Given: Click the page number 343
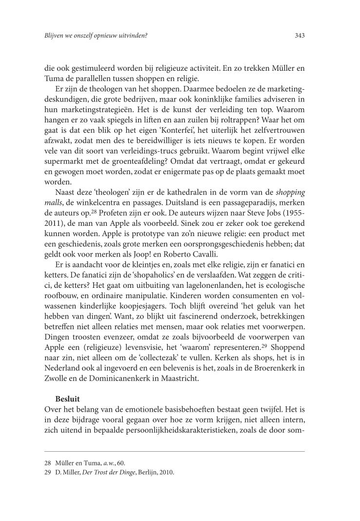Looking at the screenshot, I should [x=300, y=36].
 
